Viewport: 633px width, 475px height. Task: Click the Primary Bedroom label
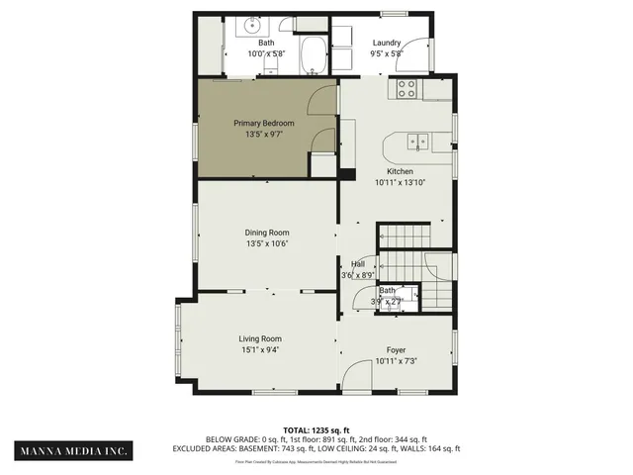click(264, 123)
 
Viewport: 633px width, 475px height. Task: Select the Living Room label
click(260, 339)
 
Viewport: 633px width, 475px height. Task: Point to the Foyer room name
click(396, 350)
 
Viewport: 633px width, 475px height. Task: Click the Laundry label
click(386, 44)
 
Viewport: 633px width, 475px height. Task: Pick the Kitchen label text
click(394, 171)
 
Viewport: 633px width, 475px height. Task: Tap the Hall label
click(358, 264)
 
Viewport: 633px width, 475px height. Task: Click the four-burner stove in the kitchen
click(407, 89)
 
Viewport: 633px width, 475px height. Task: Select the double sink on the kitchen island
click(418, 142)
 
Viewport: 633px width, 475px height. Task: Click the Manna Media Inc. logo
click(74, 450)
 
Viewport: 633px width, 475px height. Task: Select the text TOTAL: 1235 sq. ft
click(316, 430)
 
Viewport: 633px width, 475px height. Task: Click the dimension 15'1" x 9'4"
click(260, 349)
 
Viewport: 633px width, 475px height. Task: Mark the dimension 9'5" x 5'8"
click(386, 53)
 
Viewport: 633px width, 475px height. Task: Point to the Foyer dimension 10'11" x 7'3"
click(396, 360)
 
